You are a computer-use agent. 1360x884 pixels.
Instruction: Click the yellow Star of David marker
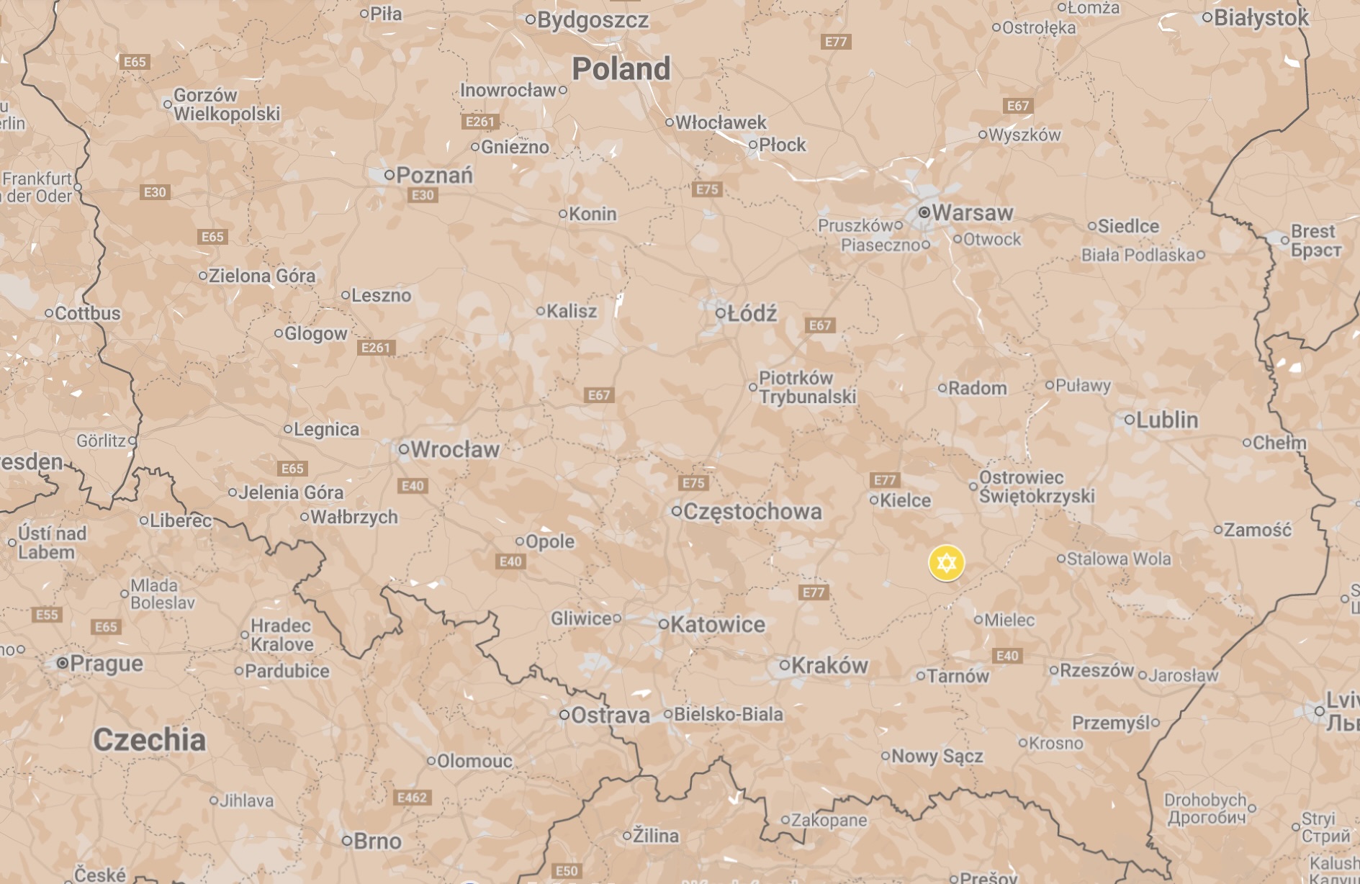[x=946, y=562]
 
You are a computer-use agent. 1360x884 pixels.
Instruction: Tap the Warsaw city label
[x=972, y=213]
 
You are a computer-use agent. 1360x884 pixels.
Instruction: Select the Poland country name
[x=621, y=69]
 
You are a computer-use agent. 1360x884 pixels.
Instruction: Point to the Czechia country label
[x=149, y=739]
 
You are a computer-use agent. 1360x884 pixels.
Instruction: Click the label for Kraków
[x=829, y=666]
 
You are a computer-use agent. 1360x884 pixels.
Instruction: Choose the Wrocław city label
[x=454, y=450]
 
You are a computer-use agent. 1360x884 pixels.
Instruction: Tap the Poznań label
[x=434, y=175]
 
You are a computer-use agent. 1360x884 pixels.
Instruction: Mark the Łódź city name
[x=752, y=314]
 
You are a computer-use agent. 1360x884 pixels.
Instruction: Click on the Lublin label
[x=1166, y=420]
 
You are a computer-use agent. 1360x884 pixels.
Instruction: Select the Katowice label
[x=717, y=624]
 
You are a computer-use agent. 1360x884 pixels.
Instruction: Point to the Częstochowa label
[x=752, y=512]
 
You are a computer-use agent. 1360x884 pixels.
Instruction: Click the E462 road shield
[x=413, y=798]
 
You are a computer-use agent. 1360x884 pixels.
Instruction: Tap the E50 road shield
[x=567, y=871]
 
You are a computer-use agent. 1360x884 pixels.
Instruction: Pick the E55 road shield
[x=47, y=615]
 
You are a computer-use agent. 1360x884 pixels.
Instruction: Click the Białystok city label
[x=1261, y=18]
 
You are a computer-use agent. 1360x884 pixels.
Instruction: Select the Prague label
[x=107, y=663]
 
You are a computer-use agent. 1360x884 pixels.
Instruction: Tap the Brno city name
[x=377, y=841]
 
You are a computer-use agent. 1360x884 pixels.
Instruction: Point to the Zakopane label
[x=829, y=820]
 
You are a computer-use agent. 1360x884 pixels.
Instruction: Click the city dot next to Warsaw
[x=924, y=212]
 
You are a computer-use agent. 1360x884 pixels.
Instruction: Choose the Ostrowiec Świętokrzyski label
[x=1036, y=487]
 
